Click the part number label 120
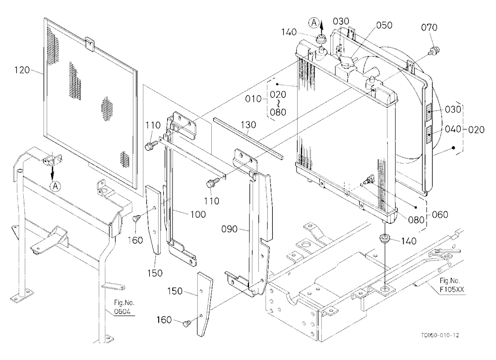(22, 70)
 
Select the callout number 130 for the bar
(248, 125)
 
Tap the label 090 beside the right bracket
(230, 229)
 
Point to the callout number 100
(198, 214)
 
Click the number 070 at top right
(429, 28)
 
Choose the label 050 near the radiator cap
(384, 25)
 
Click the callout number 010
(253, 99)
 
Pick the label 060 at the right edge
(440, 215)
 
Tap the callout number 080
(416, 220)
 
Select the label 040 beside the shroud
(453, 129)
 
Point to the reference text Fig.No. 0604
(122, 307)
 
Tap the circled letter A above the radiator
(314, 22)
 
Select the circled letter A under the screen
(56, 186)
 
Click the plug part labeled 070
(435, 50)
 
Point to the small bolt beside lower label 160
(187, 323)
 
